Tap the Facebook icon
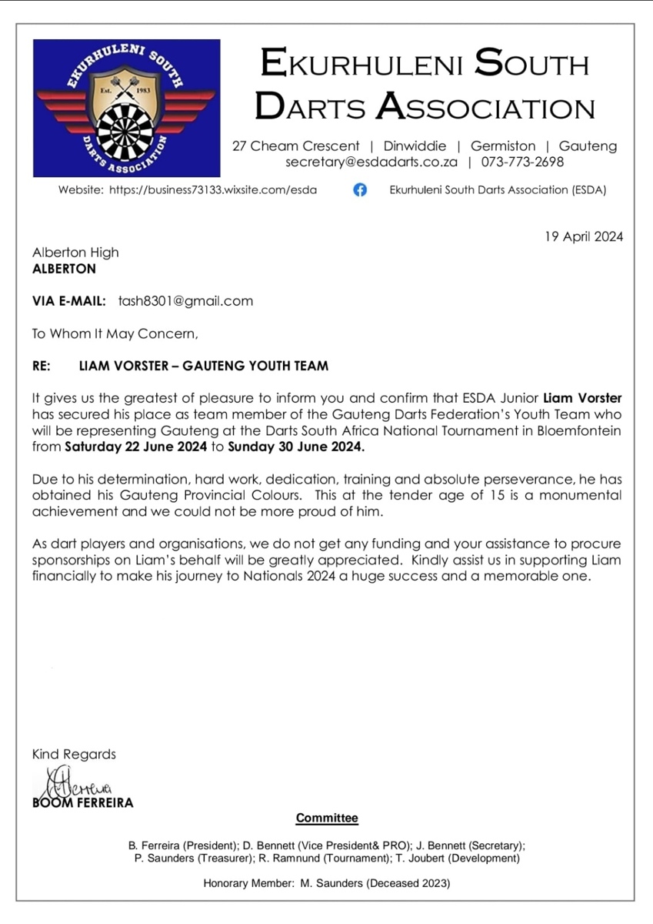click(359, 190)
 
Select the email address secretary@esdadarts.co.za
click(371, 162)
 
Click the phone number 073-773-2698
click(522, 162)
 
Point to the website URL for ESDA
click(213, 190)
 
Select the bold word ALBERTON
click(64, 269)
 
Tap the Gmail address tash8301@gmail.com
click(185, 301)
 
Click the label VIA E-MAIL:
click(69, 301)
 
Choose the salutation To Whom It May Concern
click(115, 333)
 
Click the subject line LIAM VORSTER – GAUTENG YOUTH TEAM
click(203, 366)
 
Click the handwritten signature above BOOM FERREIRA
click(72, 785)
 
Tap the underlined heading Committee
click(327, 818)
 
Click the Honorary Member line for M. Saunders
click(326, 883)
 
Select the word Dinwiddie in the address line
click(415, 146)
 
